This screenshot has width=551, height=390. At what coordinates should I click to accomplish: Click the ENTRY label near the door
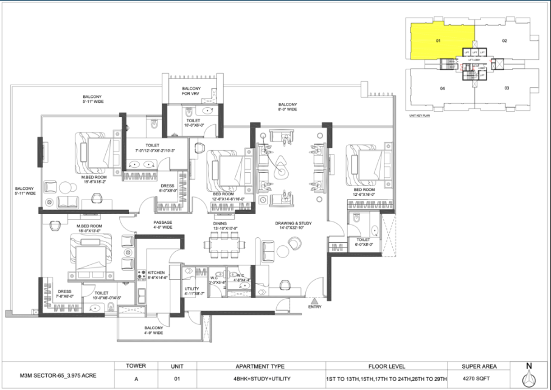[x=314, y=307]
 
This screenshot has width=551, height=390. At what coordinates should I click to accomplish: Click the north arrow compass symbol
[x=529, y=374]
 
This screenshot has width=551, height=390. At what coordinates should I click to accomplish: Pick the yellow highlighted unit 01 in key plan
[x=438, y=41]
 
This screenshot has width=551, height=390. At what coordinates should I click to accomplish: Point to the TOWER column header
[x=135, y=366]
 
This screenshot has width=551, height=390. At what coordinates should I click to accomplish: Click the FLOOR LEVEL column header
[x=383, y=366]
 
